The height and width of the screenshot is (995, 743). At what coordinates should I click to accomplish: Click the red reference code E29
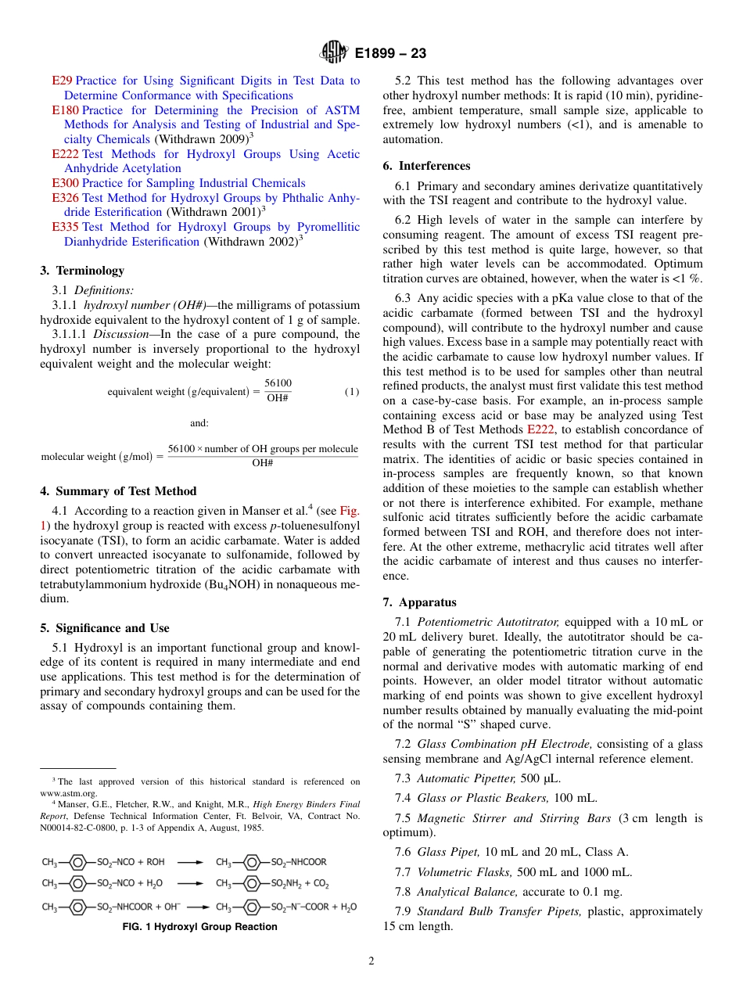pos(62,81)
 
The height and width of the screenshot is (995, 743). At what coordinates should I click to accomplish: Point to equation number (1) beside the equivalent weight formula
pos(352,391)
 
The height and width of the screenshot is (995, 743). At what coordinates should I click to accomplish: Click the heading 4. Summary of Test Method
pos(118,491)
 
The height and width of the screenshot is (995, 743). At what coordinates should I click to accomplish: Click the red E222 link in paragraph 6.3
pos(540,429)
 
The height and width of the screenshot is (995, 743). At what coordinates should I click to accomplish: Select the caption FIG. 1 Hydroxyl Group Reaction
pos(199,927)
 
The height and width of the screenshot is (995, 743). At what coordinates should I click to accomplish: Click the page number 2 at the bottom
pos(371,961)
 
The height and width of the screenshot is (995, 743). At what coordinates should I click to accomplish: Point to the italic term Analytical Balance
pos(466,891)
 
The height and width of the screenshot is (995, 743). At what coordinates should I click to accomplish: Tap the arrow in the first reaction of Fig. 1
pos(189,862)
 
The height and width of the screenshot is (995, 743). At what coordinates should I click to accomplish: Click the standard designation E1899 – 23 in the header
pos(390,54)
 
